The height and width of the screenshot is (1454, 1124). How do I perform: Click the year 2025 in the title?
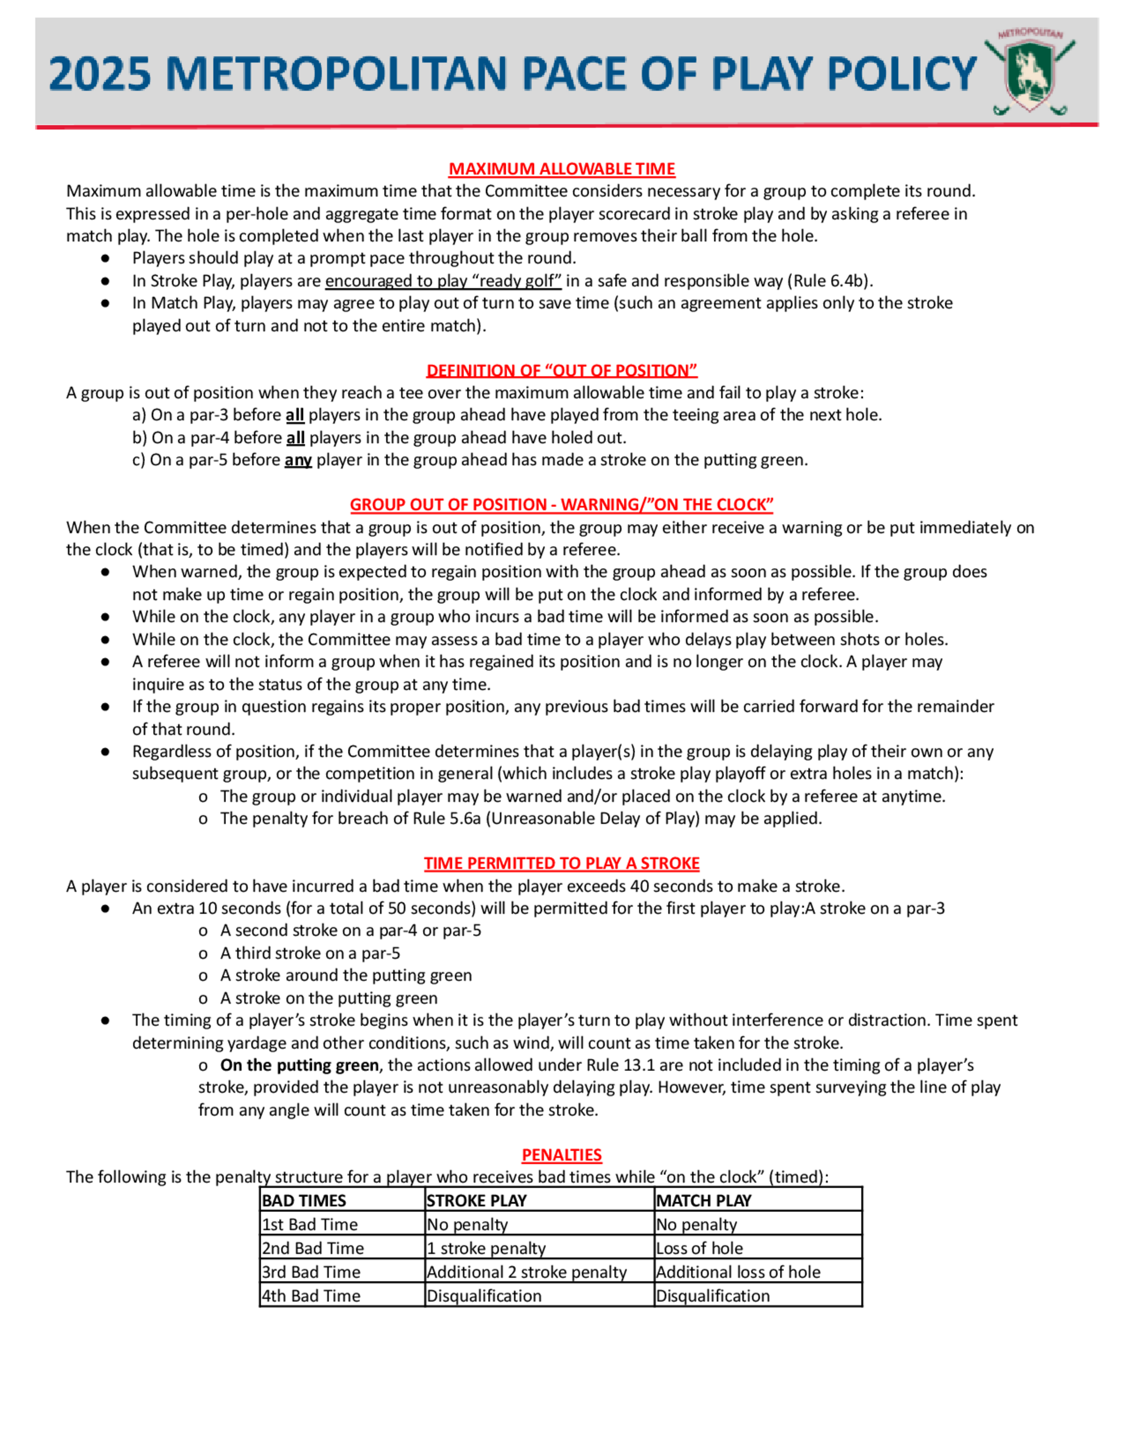click(101, 74)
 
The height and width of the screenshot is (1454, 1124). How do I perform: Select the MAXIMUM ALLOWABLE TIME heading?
click(561, 169)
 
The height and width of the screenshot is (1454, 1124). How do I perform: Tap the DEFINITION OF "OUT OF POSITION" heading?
click(561, 370)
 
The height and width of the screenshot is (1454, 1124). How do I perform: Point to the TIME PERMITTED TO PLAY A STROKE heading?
click(561, 864)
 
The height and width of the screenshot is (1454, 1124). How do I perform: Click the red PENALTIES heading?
click(561, 1155)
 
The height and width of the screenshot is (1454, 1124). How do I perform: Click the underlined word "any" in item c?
click(298, 460)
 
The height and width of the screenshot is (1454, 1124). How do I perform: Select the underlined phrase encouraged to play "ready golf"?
click(443, 281)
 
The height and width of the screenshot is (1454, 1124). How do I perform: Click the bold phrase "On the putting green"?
click(299, 1065)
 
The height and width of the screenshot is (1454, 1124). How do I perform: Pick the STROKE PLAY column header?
click(476, 1201)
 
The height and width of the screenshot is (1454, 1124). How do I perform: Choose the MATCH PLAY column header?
click(703, 1201)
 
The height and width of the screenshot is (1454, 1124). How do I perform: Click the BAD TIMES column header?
click(303, 1201)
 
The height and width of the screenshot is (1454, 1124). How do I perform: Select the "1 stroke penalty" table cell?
click(486, 1248)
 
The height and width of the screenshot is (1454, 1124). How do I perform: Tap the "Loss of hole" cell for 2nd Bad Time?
click(699, 1248)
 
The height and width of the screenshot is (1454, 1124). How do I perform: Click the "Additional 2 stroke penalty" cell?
click(526, 1272)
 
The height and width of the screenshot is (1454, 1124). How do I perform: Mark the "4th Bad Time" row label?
click(311, 1296)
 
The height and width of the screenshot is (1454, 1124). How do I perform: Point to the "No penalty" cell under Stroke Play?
click(467, 1224)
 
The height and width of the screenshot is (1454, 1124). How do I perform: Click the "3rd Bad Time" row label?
click(311, 1272)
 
